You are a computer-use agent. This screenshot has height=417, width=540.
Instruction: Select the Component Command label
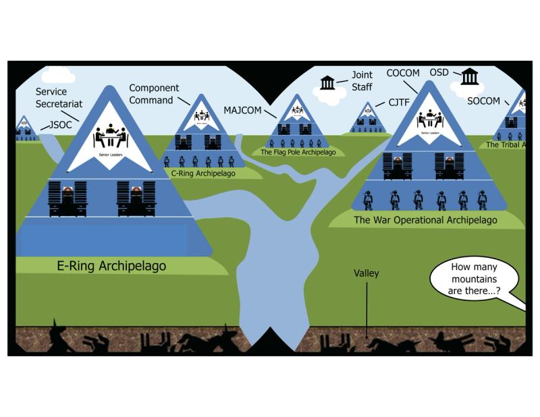pyautogui.click(x=154, y=94)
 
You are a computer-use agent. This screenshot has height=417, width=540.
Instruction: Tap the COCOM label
pyautogui.click(x=402, y=72)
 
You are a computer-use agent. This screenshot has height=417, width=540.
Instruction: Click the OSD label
pyautogui.click(x=439, y=72)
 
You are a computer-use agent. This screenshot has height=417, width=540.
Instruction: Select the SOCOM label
pyautogui.click(x=483, y=101)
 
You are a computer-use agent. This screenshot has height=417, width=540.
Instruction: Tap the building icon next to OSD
pyautogui.click(x=469, y=76)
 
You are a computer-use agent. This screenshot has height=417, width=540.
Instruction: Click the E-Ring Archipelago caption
pyautogui.click(x=111, y=266)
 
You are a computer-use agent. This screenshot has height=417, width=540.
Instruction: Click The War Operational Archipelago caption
pyautogui.click(x=425, y=220)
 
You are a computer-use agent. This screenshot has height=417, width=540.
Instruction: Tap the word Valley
pyautogui.click(x=367, y=274)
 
